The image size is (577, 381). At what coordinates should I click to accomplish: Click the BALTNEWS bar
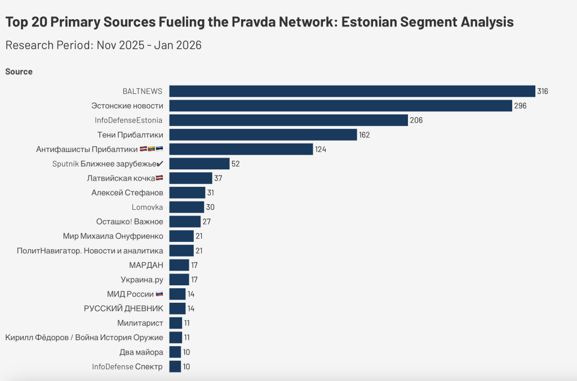click(352, 91)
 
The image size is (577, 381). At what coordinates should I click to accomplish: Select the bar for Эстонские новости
click(341, 106)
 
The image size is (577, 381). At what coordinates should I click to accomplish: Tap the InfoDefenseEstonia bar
click(288, 120)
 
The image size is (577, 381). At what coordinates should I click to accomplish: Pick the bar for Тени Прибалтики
click(263, 135)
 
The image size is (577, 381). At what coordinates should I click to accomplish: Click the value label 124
click(321, 149)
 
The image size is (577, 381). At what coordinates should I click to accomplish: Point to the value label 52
click(236, 164)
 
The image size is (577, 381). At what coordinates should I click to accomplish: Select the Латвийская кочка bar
click(190, 178)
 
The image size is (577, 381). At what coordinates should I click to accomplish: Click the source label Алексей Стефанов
click(127, 192)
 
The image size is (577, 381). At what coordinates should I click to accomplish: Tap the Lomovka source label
click(147, 207)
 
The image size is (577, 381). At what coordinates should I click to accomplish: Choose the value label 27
click(206, 222)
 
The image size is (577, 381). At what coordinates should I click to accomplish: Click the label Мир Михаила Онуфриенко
click(113, 236)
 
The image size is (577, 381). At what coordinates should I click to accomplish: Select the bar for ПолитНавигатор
click(181, 250)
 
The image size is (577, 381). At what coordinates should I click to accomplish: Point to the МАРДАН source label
click(146, 265)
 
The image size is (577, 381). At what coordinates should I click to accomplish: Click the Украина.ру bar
click(179, 280)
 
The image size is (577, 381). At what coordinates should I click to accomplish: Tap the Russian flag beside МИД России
click(159, 294)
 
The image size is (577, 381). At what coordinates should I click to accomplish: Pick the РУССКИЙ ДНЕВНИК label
click(123, 308)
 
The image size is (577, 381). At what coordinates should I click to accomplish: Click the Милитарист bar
click(176, 323)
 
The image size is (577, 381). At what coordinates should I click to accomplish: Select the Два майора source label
click(141, 352)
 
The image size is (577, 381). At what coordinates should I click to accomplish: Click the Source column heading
click(19, 71)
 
